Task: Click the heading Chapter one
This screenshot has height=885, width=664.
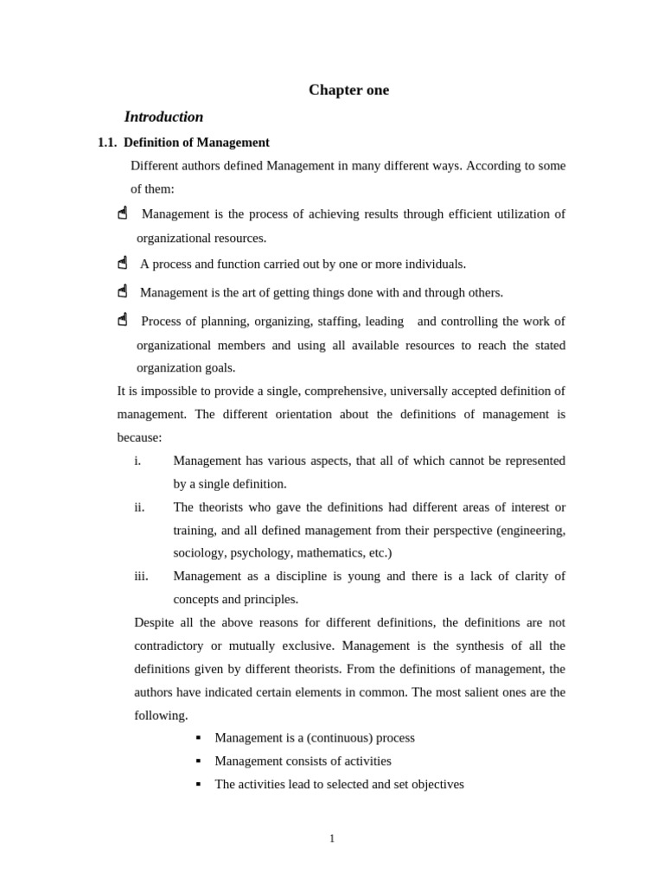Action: click(348, 90)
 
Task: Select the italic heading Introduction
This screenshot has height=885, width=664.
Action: click(163, 117)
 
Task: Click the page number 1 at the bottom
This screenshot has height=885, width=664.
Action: click(332, 838)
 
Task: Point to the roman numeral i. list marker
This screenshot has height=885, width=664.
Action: click(137, 461)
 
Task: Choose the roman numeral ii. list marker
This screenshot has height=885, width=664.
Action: click(139, 507)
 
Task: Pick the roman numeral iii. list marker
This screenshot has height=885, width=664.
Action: click(141, 576)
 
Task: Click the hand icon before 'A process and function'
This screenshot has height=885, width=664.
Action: click(123, 263)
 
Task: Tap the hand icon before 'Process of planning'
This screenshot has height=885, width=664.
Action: click(123, 320)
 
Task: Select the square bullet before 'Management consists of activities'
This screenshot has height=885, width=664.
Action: click(198, 761)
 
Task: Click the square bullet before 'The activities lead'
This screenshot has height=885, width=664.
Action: click(198, 784)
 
